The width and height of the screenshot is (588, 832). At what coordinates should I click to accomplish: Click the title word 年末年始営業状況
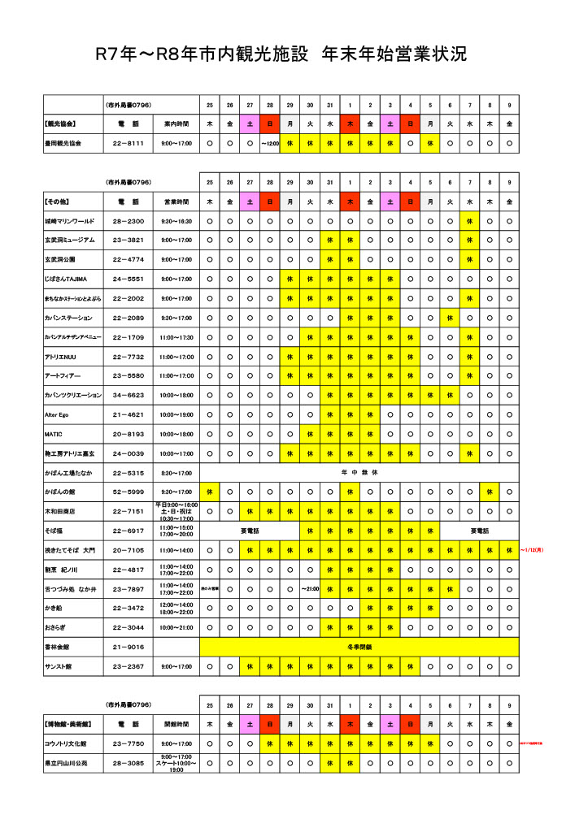[394, 54]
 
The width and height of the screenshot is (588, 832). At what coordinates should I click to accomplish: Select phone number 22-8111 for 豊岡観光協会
[128, 143]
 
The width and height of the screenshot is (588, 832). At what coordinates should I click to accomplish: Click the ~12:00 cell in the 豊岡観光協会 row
[270, 143]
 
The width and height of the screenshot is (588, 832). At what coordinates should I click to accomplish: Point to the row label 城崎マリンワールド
[70, 221]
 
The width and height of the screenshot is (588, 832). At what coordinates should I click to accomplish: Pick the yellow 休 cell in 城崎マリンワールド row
[469, 221]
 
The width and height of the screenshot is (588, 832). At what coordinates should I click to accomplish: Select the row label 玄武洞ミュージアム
[70, 240]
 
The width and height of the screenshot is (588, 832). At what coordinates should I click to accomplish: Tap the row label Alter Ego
[56, 414]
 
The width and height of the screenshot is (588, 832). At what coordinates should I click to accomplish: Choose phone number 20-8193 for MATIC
[128, 434]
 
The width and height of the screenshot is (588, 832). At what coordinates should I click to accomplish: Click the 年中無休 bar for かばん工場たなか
[359, 472]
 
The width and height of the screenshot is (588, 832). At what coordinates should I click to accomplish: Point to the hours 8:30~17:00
[176, 472]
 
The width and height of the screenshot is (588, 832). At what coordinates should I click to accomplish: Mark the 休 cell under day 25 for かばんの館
[210, 492]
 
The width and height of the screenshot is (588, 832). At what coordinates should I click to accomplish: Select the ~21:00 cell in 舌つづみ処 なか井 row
[310, 588]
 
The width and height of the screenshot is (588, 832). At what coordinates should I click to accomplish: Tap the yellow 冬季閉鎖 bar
[359, 647]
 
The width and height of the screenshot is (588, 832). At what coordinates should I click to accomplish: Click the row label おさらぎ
[56, 627]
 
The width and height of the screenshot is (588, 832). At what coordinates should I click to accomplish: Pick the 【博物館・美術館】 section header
[68, 723]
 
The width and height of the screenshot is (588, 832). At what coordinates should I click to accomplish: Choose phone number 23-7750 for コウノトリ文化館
[128, 743]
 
